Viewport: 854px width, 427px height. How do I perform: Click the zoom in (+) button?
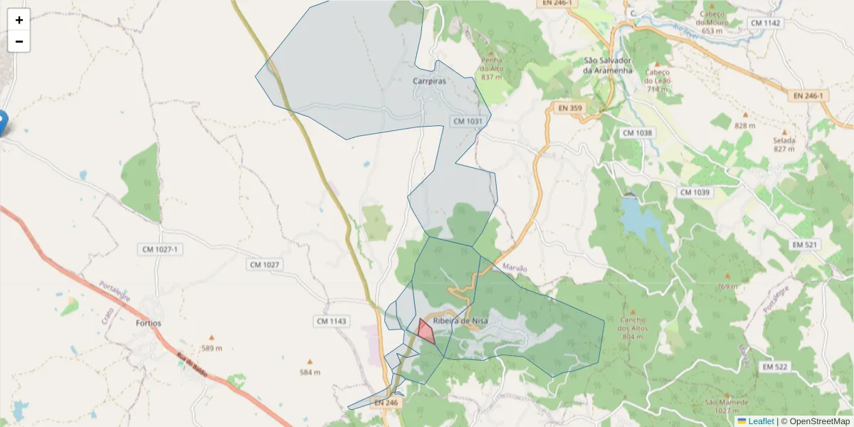click(19, 20)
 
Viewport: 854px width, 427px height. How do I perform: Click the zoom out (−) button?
click(19, 41)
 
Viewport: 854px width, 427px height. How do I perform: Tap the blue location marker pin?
click(2, 122)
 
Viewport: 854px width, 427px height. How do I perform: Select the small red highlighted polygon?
click(426, 332)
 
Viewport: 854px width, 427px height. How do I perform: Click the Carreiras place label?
click(430, 81)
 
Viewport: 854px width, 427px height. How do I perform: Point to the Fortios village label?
click(147, 323)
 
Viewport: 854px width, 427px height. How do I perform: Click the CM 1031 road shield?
click(468, 122)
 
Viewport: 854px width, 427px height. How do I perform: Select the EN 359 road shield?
click(570, 108)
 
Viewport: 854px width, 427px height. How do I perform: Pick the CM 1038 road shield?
click(637, 133)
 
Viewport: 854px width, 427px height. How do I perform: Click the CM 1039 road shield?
click(695, 193)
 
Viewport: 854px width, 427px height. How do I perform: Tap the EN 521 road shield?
click(805, 245)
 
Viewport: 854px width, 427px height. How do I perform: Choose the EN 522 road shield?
click(774, 367)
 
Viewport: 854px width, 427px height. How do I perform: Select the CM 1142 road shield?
click(765, 23)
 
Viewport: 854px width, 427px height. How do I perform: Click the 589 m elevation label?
click(211, 348)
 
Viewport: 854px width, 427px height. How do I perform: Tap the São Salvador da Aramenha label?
click(607, 65)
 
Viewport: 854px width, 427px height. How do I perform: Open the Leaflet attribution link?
click(761, 421)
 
